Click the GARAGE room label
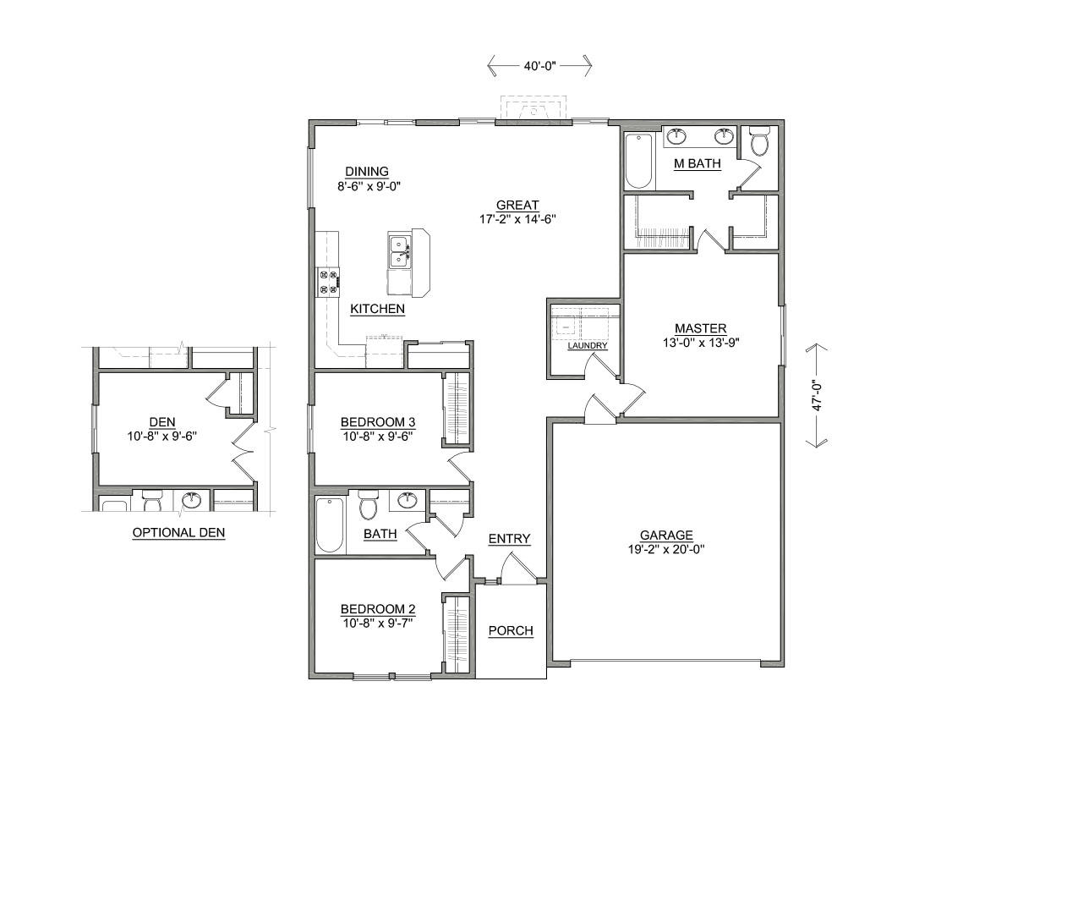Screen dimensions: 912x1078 click(x=666, y=535)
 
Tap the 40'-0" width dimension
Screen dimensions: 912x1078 click(x=539, y=65)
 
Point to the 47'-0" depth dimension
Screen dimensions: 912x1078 click(x=818, y=395)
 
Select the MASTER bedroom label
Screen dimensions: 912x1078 click(x=700, y=328)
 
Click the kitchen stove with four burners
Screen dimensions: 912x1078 click(x=328, y=282)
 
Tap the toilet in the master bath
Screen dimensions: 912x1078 click(x=759, y=141)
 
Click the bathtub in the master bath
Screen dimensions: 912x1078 click(x=638, y=160)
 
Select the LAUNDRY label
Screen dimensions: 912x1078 click(x=587, y=346)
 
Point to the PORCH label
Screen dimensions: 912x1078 click(x=511, y=630)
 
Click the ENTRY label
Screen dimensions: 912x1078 click(x=509, y=539)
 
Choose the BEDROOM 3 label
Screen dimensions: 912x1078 click(x=377, y=421)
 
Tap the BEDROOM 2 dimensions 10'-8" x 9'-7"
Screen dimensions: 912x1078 click(x=377, y=624)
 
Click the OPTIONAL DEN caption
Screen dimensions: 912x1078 click(x=178, y=532)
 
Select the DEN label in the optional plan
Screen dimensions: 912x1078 click(x=161, y=421)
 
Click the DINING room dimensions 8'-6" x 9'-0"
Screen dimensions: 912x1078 click(x=368, y=186)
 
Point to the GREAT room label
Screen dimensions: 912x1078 click(x=517, y=205)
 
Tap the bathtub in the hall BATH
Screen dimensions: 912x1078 click(x=329, y=525)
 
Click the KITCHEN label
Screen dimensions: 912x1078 click(x=377, y=309)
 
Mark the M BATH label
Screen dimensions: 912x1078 click(x=697, y=163)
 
